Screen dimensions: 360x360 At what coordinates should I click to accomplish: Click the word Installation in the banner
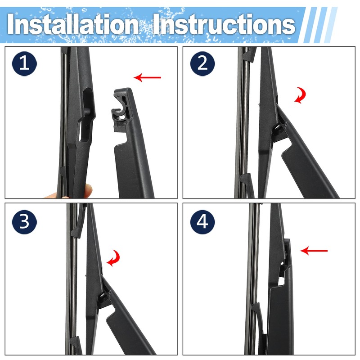click(x=72, y=24)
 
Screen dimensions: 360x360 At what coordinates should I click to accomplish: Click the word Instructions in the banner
click(x=224, y=24)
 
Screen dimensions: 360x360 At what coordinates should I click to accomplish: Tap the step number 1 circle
click(x=24, y=63)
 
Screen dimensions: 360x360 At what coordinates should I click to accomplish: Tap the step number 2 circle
click(x=202, y=63)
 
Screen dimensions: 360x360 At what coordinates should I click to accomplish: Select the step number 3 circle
click(x=24, y=222)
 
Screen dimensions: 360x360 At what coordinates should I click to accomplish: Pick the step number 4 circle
click(x=202, y=222)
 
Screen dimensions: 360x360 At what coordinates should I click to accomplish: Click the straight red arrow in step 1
click(x=147, y=77)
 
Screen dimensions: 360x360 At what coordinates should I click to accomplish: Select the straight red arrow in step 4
click(x=314, y=251)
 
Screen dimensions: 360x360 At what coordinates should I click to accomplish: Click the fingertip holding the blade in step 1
click(x=88, y=190)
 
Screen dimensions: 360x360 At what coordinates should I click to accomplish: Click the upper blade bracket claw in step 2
click(x=250, y=54)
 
